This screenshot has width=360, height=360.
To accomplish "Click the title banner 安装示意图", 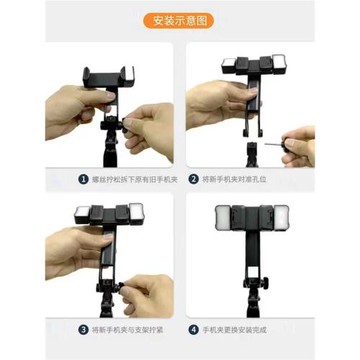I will [180, 20].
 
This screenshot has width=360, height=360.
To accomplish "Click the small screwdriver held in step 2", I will [276, 131].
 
